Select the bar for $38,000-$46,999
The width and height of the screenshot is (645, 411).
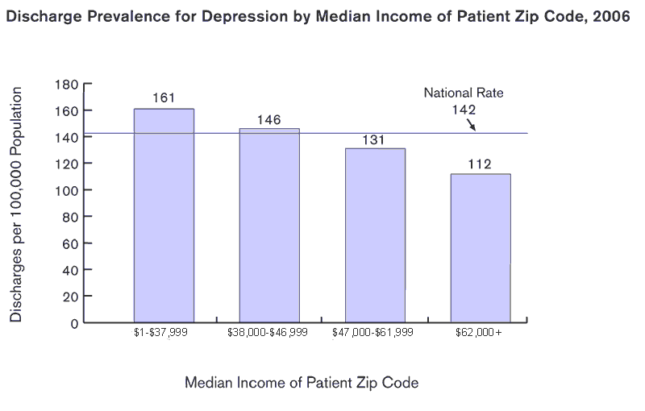pos(269,226)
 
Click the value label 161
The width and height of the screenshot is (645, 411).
pos(164,98)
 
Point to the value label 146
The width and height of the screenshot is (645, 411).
pos(268,119)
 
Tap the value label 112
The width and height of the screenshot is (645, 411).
pos(481,164)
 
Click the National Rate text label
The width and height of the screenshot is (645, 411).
pos(464,93)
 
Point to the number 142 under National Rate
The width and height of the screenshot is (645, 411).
pos(464,110)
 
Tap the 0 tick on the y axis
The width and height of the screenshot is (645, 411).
pos(73,323)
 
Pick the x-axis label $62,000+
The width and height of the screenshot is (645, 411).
pos(478,332)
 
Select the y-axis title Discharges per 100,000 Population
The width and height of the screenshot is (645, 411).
pos(16,204)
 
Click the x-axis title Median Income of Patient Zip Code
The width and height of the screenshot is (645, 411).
pos(302,383)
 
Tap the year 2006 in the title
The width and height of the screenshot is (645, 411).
pos(612,17)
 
